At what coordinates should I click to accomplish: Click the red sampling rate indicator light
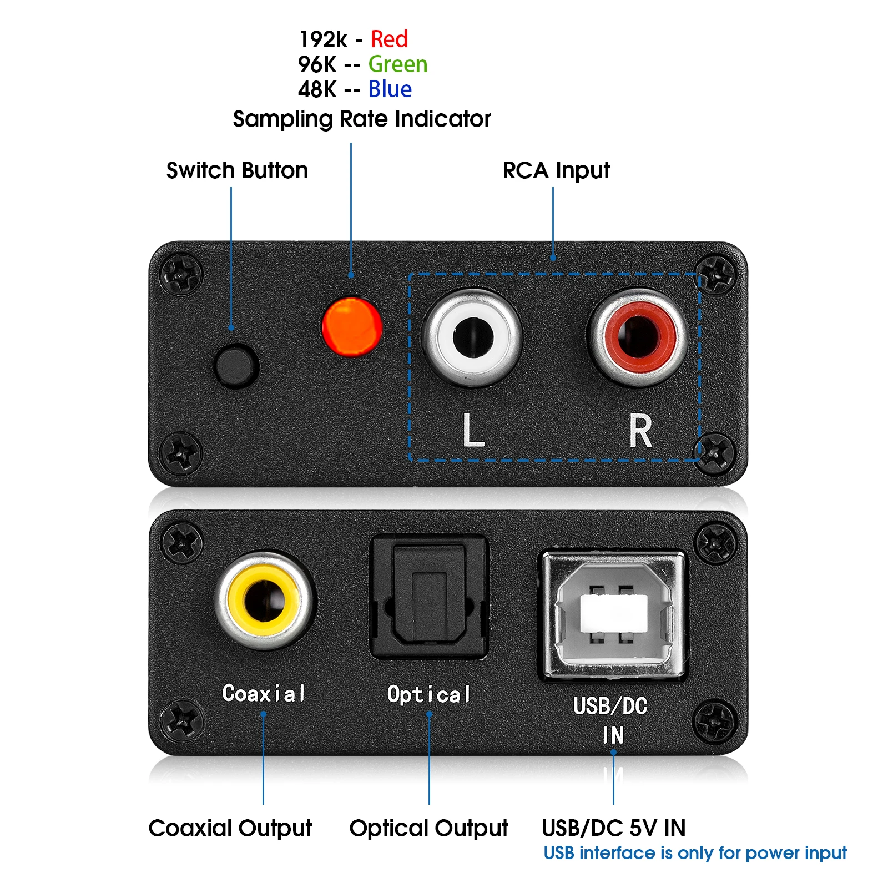tap(352, 326)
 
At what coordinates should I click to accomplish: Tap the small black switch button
tap(236, 366)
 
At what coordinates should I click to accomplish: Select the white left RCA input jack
tap(472, 337)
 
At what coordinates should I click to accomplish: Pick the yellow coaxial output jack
tap(265, 601)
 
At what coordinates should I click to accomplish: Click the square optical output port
tap(428, 597)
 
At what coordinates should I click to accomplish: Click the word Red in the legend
tap(389, 39)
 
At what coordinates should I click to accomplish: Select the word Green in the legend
tap(398, 64)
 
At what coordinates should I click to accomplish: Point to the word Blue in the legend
tap(390, 89)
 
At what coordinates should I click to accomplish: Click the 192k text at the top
tap(323, 39)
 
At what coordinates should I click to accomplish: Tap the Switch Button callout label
tap(237, 170)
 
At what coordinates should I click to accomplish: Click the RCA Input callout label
tap(556, 170)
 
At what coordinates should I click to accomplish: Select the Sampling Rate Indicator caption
tap(362, 119)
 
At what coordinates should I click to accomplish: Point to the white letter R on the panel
tap(640, 431)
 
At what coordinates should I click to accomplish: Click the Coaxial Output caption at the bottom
tap(230, 828)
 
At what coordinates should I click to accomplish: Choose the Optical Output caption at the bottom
tap(428, 828)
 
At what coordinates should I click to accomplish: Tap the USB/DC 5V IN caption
tap(613, 828)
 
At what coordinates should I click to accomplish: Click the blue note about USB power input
tap(695, 853)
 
